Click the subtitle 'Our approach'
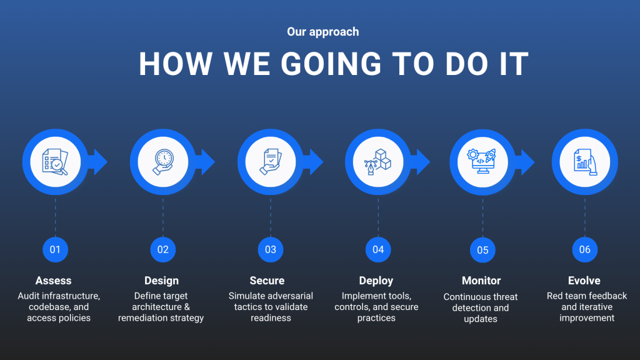coord(323,32)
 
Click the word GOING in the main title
coord(331,64)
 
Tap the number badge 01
coord(55,249)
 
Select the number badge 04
coord(378,249)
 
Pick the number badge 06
coord(584,249)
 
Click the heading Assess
coord(54,281)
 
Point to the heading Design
coord(162,281)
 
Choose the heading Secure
coord(267,281)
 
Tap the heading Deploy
coord(376,281)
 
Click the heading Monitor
coord(481,281)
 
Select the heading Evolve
coord(584,281)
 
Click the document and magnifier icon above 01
coord(55,162)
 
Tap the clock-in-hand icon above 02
coord(163,162)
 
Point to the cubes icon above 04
coord(377,162)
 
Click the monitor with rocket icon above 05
coord(482,161)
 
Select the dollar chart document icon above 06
coord(585,162)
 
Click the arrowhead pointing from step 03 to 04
coord(316,162)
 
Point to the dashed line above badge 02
coord(163,217)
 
